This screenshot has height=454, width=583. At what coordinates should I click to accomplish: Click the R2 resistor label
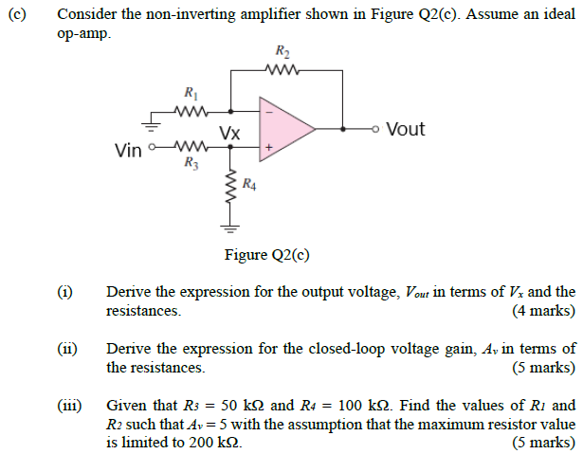click(282, 51)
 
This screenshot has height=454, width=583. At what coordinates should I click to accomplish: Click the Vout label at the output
click(406, 129)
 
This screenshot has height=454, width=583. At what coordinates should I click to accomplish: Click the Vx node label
click(228, 134)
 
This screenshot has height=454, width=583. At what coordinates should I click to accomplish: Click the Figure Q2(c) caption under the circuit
click(266, 254)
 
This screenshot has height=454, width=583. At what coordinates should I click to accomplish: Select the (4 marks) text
click(543, 310)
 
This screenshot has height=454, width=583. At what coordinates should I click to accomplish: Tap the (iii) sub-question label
click(68, 405)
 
